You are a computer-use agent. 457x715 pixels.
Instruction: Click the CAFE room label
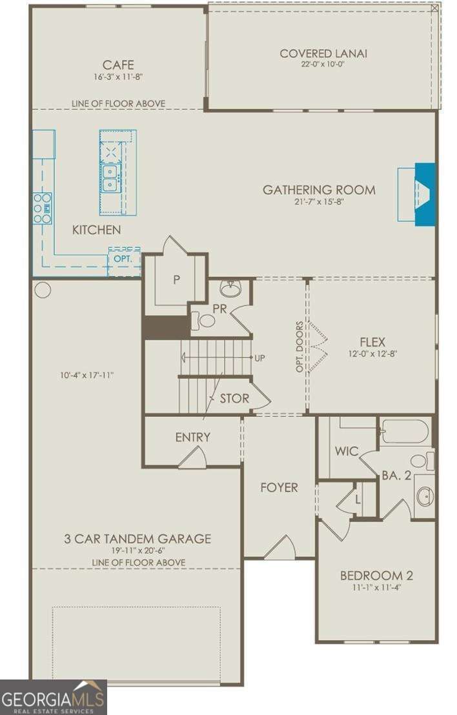[x=118, y=65]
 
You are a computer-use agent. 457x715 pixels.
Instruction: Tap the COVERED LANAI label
[x=323, y=53]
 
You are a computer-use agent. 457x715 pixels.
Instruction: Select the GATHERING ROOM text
[x=319, y=190]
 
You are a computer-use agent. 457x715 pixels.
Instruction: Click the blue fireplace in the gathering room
[x=425, y=194]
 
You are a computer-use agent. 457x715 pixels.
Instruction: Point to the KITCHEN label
[x=96, y=230]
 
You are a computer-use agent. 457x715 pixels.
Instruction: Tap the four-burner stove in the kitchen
[x=43, y=208]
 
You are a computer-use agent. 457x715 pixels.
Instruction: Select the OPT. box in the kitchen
[x=123, y=258]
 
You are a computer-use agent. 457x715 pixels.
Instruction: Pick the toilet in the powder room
[x=205, y=320]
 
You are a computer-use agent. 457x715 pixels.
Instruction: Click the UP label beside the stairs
[x=260, y=357]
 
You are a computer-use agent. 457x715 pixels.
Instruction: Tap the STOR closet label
[x=234, y=398]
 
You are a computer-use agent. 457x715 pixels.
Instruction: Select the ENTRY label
[x=192, y=437]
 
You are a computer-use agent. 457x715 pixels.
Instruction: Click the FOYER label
[x=279, y=487]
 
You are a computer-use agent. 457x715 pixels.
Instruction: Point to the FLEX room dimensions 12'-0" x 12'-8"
[x=372, y=354]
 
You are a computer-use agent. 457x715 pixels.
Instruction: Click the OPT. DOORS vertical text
[x=300, y=347]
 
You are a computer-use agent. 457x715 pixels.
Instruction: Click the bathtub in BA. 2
[x=405, y=431]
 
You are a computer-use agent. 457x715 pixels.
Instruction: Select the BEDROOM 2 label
[x=376, y=576]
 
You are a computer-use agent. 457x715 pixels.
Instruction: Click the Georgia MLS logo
[x=53, y=697]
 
